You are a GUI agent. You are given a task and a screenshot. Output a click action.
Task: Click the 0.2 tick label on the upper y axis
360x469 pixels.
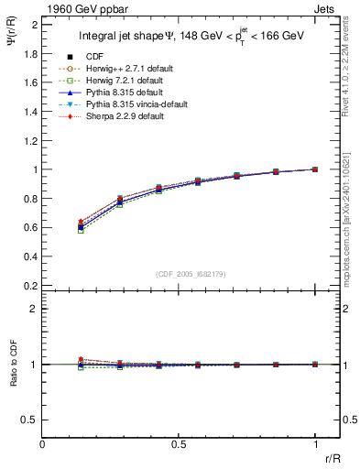[x=30, y=286]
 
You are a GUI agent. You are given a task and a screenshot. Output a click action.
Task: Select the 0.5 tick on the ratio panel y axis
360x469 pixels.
[x=30, y=420]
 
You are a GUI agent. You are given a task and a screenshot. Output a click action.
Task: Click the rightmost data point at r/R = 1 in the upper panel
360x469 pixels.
[x=314, y=169]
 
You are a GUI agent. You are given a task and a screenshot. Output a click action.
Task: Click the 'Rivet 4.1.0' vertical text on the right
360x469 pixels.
[x=353, y=73]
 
